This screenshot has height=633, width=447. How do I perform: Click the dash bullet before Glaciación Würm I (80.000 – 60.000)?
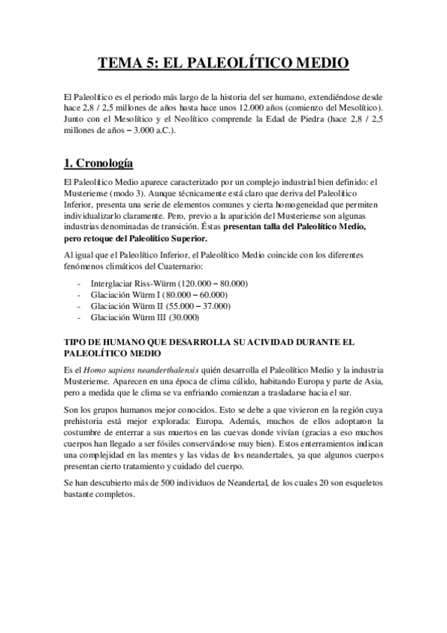click(79, 295)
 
